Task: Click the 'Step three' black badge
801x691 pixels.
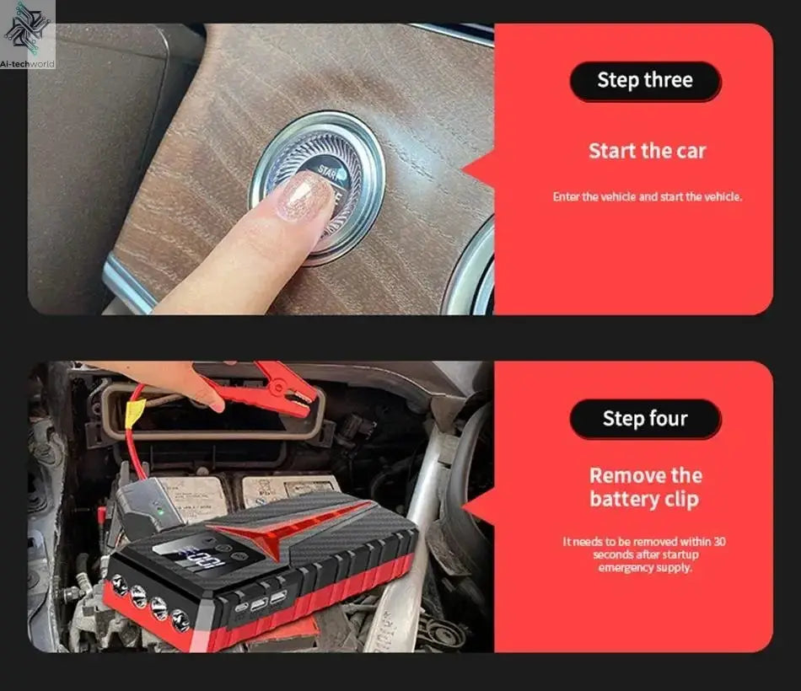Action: tap(645, 81)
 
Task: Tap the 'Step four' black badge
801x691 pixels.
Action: tap(645, 419)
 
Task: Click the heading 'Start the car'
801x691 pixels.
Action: tap(647, 151)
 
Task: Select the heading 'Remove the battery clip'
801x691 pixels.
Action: tap(644, 487)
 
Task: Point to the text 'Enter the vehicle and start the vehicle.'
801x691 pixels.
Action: tap(647, 196)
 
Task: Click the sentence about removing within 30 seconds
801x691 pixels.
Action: tap(644, 554)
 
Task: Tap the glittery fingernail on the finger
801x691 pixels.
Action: tap(304, 196)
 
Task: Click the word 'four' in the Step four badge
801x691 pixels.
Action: tap(668, 419)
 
